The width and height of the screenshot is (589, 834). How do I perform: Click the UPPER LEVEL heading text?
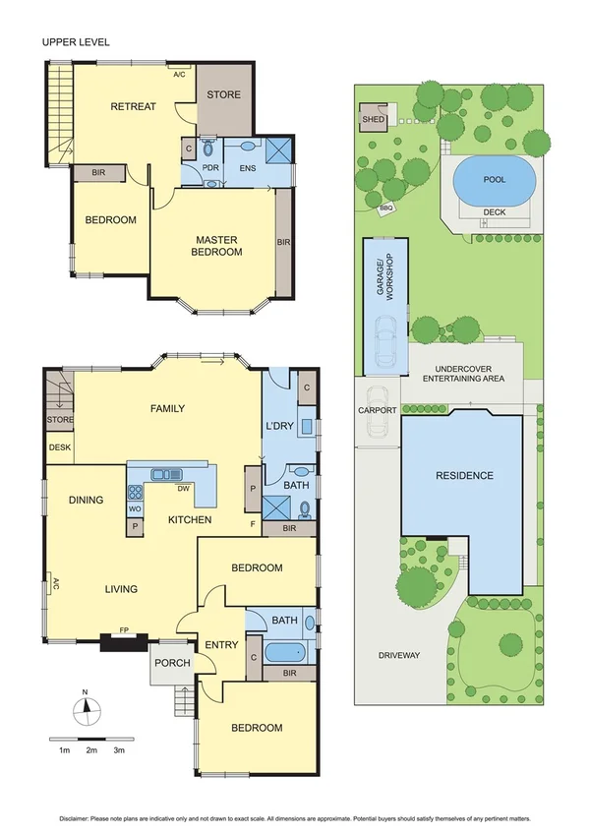pos(75,42)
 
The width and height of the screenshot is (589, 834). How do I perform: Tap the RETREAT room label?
pos(133,106)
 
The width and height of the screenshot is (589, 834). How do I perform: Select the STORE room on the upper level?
pos(222,95)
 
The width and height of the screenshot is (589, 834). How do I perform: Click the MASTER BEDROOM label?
pos(218,246)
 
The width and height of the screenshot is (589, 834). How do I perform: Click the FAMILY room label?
pos(167,408)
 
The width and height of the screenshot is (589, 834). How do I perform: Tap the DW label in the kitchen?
pos(183,488)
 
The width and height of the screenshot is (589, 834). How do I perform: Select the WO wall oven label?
pos(135,509)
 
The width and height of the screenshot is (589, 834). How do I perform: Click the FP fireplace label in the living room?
pos(124,629)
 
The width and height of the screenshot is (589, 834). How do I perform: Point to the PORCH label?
pos(172,663)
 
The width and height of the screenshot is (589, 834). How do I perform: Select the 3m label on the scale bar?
pos(118,750)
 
